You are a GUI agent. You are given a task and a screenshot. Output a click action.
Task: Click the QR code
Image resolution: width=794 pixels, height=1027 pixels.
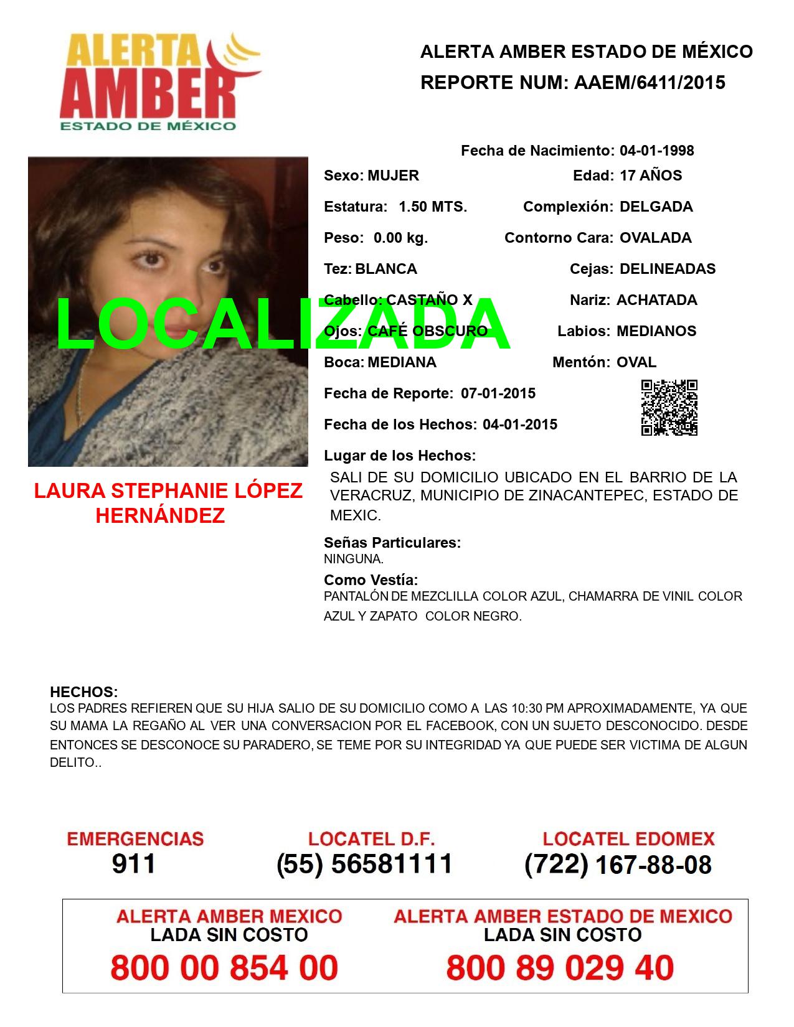[x=669, y=408]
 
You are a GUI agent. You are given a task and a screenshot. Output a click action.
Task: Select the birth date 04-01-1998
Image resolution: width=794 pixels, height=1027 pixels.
[x=656, y=151]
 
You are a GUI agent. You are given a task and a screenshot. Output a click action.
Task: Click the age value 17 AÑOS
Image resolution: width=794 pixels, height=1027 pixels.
[x=651, y=176]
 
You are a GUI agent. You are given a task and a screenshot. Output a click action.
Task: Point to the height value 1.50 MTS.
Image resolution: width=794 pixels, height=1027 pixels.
[x=433, y=207]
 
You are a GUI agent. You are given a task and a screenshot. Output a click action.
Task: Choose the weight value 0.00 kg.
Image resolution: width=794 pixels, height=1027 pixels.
[x=400, y=238]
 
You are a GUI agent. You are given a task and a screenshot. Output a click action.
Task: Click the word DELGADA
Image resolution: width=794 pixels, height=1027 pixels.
[x=656, y=207]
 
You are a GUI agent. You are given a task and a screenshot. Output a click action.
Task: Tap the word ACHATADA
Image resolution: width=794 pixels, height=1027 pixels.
[x=656, y=300]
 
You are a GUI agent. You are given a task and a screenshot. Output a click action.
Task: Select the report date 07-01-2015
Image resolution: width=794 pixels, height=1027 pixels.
[x=498, y=393]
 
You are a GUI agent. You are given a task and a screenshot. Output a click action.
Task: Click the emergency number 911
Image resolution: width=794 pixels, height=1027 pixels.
[x=134, y=864]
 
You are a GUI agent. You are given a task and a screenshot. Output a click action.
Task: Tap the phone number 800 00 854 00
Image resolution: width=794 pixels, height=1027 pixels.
[x=224, y=968]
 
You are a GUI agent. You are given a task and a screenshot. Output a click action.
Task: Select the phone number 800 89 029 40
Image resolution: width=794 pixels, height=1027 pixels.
[x=560, y=968]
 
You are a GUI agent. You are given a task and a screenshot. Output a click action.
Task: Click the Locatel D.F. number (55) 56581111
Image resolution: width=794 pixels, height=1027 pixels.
[x=364, y=864]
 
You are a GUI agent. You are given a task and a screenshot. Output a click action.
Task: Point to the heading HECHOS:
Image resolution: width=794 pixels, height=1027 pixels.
[x=83, y=692]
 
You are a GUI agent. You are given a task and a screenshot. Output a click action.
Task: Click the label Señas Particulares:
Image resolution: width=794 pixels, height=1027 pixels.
[x=392, y=543]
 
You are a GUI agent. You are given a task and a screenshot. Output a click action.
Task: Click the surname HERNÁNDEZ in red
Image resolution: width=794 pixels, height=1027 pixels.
[x=160, y=515]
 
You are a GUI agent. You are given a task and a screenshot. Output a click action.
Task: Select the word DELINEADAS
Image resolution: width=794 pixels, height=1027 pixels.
[x=668, y=269]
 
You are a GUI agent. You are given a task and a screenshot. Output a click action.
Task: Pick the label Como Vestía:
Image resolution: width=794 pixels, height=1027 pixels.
[x=371, y=580]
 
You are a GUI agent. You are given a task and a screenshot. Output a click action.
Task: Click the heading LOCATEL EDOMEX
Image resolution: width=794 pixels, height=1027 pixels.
[x=628, y=839]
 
